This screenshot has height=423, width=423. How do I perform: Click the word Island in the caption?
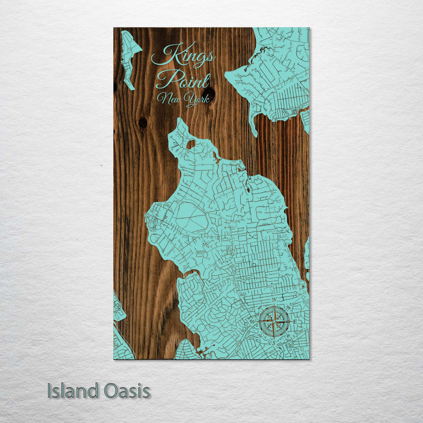[73, 391]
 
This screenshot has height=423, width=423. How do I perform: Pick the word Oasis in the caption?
[127, 391]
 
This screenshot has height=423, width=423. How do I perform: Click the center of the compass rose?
[274, 322]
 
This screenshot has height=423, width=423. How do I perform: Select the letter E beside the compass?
[295, 322]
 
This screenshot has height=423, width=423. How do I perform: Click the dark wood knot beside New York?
[209, 94]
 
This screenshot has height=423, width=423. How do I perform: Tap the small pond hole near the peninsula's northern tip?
[190, 144]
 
